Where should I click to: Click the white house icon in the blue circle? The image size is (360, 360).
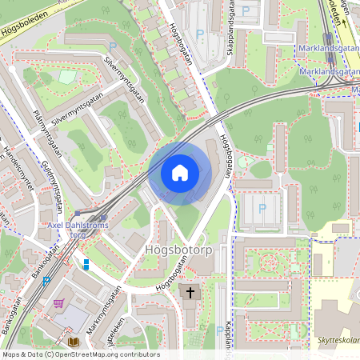pos(180,172)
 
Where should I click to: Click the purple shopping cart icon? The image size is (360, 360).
pos(58,303)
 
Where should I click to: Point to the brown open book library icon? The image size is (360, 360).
pos(73,342)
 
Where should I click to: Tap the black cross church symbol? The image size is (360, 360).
pos(190,293)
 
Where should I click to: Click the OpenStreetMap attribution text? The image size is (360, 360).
pos(80,354)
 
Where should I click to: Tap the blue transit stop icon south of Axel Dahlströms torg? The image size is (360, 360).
pos(86,264)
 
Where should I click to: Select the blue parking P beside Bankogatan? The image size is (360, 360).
pos(46,281)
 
